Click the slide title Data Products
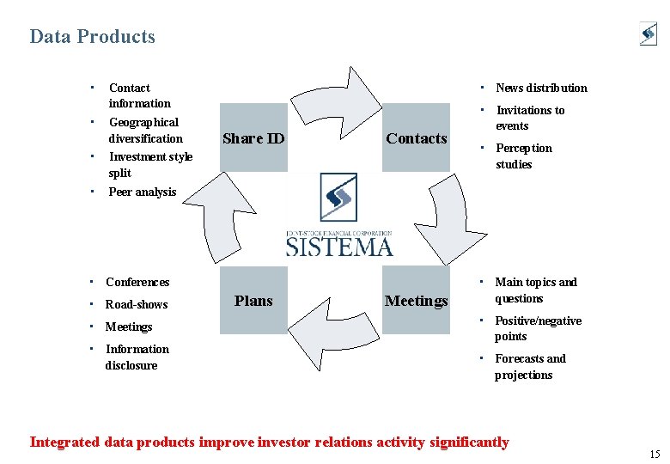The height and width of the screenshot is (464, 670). click(x=92, y=37)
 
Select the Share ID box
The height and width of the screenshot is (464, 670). click(x=253, y=137)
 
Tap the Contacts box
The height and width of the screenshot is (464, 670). click(x=417, y=137)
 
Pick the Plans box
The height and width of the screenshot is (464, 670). click(x=253, y=300)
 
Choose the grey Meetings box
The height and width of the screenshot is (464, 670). click(x=417, y=300)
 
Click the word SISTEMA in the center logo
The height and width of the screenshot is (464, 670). click(x=339, y=247)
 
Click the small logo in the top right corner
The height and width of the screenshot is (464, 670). click(x=648, y=34)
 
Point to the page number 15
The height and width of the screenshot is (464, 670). click(x=655, y=455)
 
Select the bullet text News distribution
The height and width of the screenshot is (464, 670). click(x=541, y=88)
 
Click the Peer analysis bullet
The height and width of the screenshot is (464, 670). click(x=142, y=192)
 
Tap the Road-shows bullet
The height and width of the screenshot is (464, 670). click(x=136, y=304)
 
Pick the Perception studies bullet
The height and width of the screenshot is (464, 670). click(x=523, y=156)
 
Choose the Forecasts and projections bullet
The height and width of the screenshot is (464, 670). click(x=529, y=367)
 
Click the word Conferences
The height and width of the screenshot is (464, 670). click(x=137, y=282)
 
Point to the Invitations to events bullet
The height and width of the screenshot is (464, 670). click(x=529, y=118)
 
